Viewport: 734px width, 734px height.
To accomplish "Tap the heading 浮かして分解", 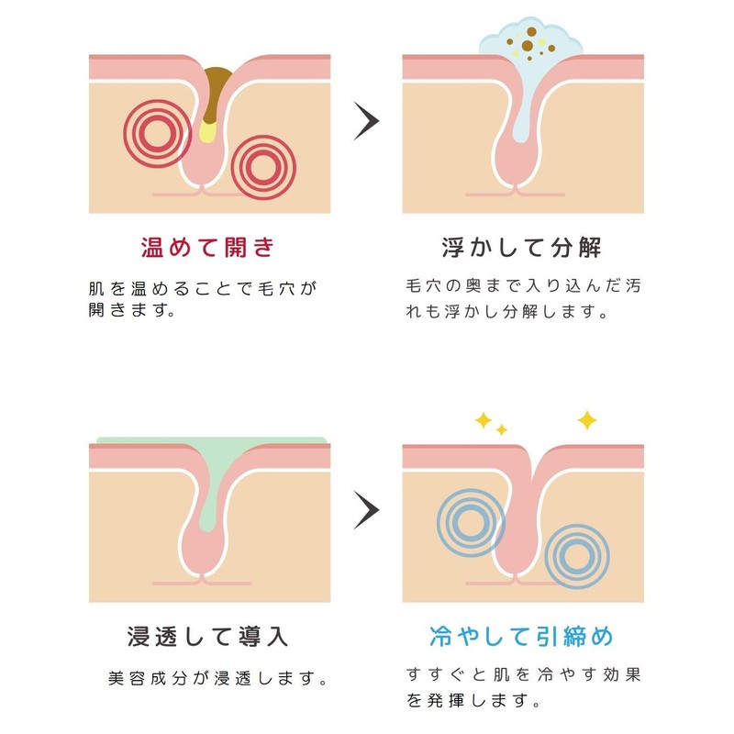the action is [522, 248].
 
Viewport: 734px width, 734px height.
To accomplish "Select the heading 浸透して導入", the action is [208, 636].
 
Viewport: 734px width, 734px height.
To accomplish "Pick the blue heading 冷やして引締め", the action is [521, 636].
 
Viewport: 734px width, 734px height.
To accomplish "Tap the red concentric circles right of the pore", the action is [262, 166].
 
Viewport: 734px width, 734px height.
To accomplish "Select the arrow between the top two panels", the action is [366, 121].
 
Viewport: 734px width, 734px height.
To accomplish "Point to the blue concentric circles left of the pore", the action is [465, 523].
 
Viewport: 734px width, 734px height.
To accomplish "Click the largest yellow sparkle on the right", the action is [586, 420].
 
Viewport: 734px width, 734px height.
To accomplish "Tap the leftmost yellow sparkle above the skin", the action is [483, 420].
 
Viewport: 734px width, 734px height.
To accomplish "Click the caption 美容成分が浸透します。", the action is [218, 681].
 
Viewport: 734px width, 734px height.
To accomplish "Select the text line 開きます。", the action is [131, 310].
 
